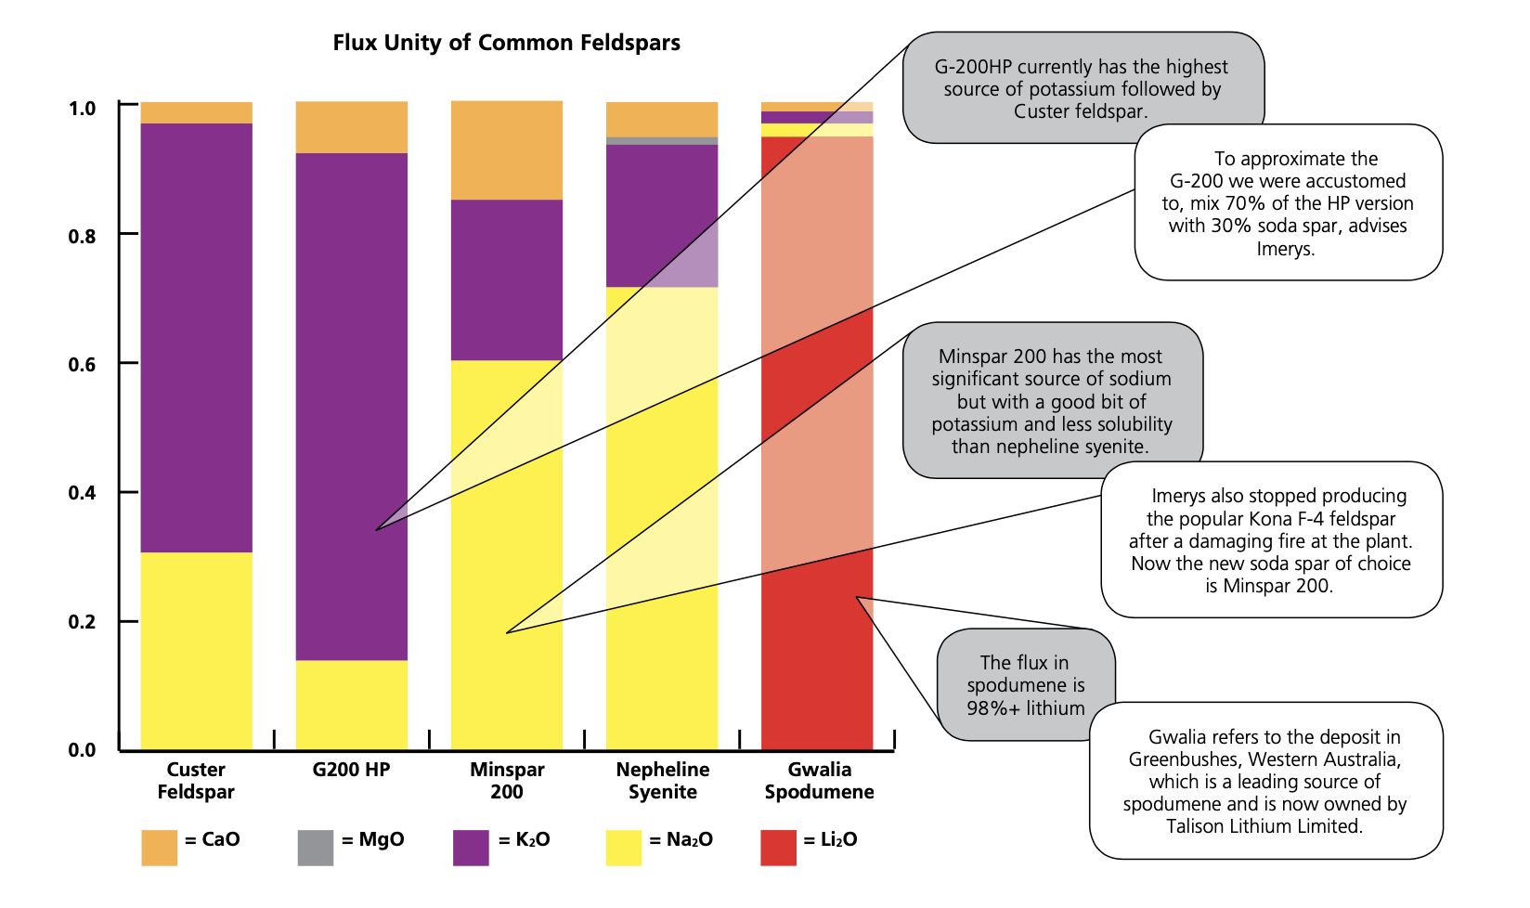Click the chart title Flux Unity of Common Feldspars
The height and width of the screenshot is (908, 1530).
point(506,43)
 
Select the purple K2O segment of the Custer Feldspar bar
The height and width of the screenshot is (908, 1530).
point(196,338)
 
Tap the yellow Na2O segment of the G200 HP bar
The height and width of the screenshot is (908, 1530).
point(351,705)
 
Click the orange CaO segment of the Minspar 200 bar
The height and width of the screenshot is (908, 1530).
point(506,150)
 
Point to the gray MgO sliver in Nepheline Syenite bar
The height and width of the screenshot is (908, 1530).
point(661,141)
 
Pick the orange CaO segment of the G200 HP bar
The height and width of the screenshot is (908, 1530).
point(351,127)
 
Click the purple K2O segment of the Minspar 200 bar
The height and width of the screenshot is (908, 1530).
point(506,279)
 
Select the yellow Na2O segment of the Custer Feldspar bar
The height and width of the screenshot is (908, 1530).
point(196,651)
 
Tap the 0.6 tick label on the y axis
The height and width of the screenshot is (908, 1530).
point(82,364)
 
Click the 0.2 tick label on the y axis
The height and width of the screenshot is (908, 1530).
point(82,622)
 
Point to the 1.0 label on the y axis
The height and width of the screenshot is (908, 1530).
point(82,108)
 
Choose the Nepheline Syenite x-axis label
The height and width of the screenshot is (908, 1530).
point(663,780)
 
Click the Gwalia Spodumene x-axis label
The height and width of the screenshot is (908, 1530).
point(819,780)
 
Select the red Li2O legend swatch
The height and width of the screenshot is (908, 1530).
point(778,848)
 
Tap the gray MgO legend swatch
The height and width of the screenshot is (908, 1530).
point(316,848)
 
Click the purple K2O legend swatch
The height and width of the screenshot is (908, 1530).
point(471,848)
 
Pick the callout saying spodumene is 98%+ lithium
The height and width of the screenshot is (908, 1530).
point(1025,684)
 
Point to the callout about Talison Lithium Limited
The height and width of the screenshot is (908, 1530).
point(1265,780)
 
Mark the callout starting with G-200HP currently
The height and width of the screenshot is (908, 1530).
point(1083,87)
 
